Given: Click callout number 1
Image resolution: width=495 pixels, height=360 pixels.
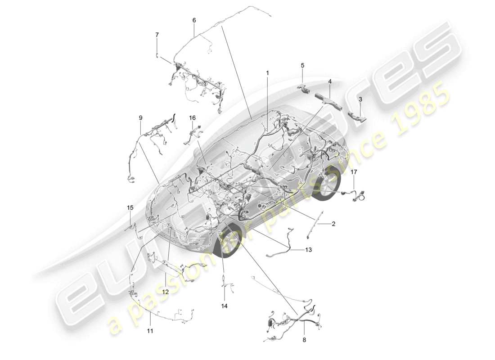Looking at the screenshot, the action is pos(267,72).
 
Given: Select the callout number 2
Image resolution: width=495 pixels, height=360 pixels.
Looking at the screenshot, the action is pos(333,224).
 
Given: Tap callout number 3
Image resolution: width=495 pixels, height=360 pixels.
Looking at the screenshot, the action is pos(360,98).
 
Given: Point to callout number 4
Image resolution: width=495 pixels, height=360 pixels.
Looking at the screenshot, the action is pos(330,81).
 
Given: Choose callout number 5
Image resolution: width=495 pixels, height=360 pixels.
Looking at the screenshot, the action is pos(302,66).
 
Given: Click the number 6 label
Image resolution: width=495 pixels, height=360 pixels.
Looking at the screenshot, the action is pos(194,20).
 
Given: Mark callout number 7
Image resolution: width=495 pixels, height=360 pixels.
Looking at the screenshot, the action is pos(157,35).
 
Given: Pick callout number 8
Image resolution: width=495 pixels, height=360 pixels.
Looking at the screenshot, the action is pos(304,340).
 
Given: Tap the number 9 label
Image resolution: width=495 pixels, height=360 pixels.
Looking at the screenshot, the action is pos(140,118).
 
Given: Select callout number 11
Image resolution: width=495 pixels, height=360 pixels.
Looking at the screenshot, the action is pos(150,331).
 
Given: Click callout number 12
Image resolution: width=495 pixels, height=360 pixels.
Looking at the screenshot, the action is pos(165,292).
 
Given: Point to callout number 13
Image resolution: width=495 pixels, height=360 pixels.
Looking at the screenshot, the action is pos(308,250).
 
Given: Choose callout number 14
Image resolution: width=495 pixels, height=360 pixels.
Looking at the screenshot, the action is pos(224,306).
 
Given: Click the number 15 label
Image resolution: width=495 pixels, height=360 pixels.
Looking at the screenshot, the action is pos(130,208).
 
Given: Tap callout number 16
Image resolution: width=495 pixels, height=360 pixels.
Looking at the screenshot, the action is pos(192,118).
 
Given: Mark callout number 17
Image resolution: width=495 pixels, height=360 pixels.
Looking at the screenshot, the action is pos(354,172).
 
